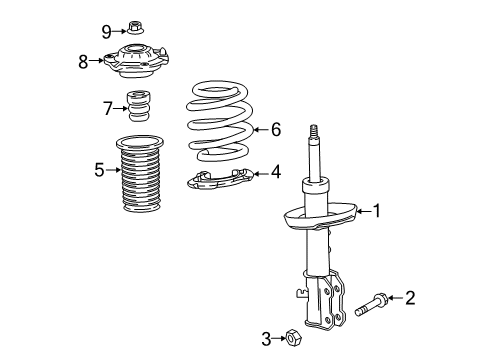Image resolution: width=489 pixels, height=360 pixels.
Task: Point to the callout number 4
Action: coord(275,173)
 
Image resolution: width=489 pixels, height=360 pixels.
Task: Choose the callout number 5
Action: coord(99,171)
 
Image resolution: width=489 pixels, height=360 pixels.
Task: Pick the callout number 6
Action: coord(277,129)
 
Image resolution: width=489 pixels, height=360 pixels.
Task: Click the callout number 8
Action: coord(83,61)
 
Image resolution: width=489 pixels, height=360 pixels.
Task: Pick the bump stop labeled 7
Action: coord(135,106)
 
